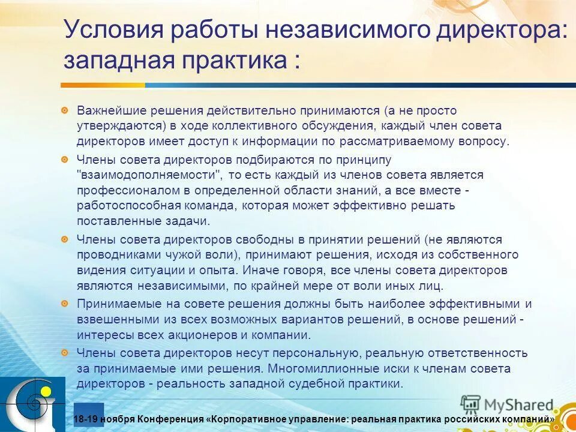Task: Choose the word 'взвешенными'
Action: click(x=113, y=319)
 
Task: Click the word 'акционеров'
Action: click(x=195, y=335)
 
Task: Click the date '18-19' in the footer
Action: click(x=85, y=419)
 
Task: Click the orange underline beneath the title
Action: click(x=180, y=84)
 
